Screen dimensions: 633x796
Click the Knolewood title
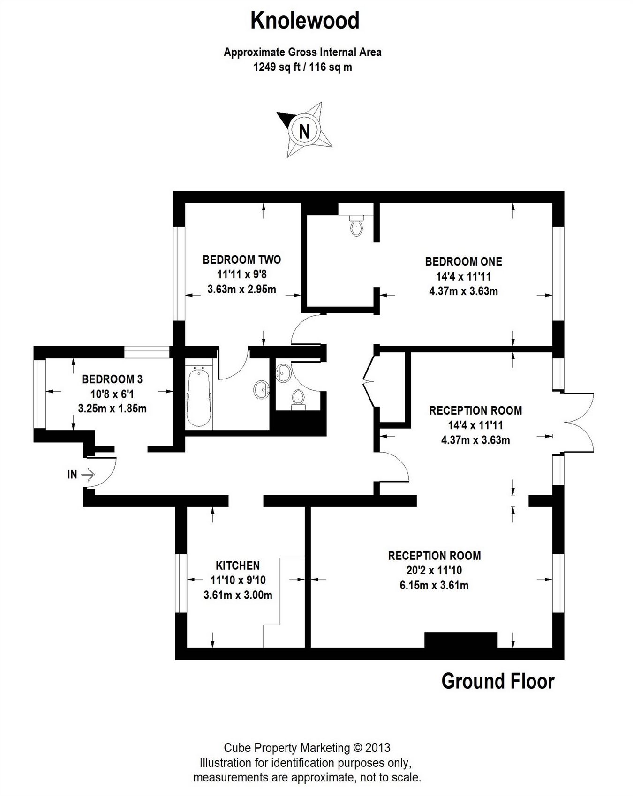[x=305, y=21]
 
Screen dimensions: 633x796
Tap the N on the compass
[x=305, y=130]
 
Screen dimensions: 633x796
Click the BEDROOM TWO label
[x=241, y=260]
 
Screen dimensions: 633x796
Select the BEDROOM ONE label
[x=463, y=261]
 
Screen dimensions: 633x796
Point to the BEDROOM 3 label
[x=112, y=379]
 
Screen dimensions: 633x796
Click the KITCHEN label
[x=238, y=565]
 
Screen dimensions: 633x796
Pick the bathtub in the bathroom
[x=199, y=397]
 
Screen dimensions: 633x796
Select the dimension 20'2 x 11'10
[x=434, y=571]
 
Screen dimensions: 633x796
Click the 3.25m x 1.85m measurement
[x=112, y=409]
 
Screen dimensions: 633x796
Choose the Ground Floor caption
[x=497, y=681]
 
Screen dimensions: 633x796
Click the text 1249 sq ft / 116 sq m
[x=302, y=67]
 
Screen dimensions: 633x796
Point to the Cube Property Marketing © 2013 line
[x=307, y=748]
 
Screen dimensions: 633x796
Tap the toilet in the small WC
[x=298, y=399]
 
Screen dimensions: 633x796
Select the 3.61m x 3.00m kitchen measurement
[x=238, y=595]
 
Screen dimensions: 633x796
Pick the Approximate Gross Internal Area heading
[x=302, y=52]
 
